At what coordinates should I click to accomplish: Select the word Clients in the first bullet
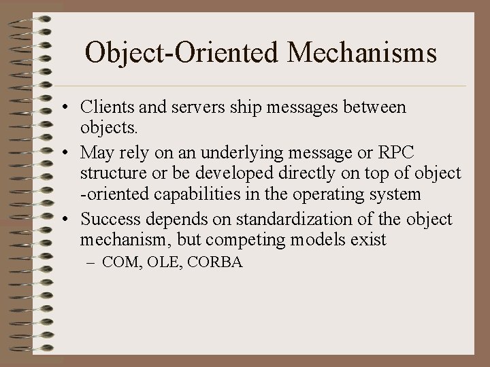104,107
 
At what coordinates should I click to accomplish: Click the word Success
108,220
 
